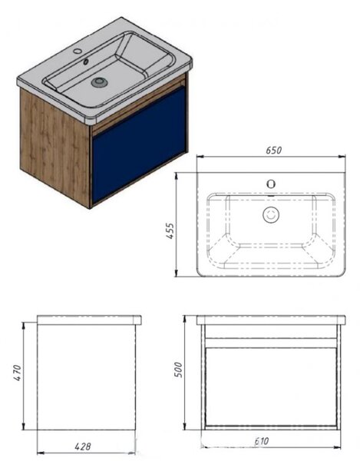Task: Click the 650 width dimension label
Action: point(274,150)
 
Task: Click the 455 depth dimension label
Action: point(170,231)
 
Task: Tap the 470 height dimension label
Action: point(18,373)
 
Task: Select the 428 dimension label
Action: point(83,446)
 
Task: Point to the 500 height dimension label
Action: point(178,370)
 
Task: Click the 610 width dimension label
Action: point(261,441)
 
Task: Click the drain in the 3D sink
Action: point(98,82)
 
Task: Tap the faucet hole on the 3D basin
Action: point(78,51)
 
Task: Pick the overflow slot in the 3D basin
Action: point(86,61)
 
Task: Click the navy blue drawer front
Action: point(139,144)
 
